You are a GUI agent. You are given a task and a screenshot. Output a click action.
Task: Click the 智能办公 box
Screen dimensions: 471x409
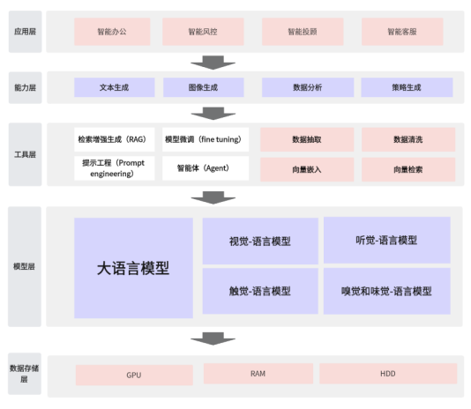click(x=112, y=32)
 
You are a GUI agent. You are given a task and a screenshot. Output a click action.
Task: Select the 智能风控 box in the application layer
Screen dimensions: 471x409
click(x=203, y=32)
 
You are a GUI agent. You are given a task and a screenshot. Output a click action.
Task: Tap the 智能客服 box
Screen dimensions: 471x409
click(x=402, y=32)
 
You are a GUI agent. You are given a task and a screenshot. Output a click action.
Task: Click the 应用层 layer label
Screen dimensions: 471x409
click(x=26, y=32)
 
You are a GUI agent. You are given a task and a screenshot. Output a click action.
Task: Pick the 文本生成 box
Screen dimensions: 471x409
click(x=115, y=87)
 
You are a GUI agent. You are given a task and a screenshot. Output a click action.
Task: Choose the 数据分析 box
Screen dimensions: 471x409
click(x=308, y=87)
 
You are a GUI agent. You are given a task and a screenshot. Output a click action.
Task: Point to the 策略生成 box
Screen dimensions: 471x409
click(x=407, y=87)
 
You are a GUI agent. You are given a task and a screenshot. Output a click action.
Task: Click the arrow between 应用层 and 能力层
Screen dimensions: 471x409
click(x=213, y=63)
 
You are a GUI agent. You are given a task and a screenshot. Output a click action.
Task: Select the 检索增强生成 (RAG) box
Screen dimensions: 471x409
click(x=115, y=139)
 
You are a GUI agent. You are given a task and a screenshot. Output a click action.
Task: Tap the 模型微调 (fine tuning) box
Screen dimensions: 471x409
click(x=206, y=139)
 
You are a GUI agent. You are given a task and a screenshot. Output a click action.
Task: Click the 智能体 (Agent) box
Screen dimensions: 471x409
click(x=206, y=168)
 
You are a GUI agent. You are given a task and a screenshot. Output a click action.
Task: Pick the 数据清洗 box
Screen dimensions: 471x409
click(x=408, y=139)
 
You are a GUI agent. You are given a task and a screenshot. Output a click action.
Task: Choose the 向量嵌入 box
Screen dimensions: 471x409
click(x=307, y=169)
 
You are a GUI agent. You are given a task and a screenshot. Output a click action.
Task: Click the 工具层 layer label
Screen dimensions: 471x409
click(x=26, y=154)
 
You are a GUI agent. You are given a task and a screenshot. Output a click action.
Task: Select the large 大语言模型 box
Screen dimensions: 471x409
click(x=133, y=268)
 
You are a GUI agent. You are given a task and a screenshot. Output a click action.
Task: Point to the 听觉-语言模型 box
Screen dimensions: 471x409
click(x=387, y=240)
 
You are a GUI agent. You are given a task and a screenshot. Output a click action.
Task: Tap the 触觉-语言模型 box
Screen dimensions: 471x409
click(x=260, y=291)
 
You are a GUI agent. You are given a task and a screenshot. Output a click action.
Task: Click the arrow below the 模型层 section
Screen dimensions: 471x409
click(x=213, y=338)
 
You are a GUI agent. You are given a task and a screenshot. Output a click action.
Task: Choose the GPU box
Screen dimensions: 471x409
click(x=134, y=376)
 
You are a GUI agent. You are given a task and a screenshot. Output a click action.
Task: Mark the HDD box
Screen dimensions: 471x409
click(x=388, y=374)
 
